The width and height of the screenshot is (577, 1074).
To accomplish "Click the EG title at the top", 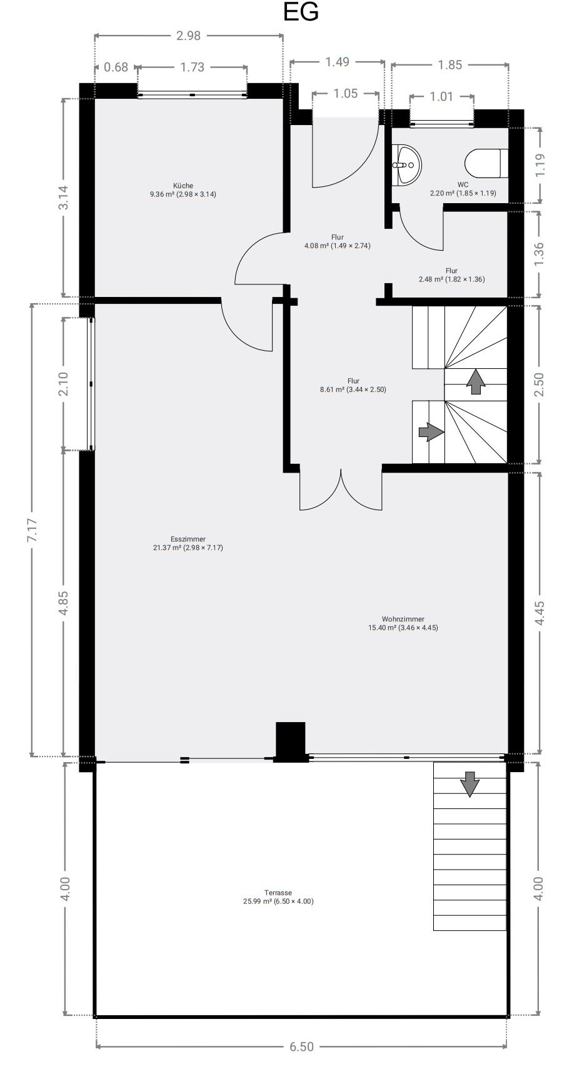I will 301,13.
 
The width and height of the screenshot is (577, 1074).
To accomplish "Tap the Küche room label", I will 183,189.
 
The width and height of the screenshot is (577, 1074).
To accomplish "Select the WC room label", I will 463,189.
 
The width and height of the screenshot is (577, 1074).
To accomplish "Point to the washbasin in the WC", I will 406,165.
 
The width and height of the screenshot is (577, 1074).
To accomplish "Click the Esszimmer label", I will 188,543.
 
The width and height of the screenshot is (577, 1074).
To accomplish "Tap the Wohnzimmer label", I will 403,623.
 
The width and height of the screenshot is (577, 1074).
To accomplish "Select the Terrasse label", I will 278,897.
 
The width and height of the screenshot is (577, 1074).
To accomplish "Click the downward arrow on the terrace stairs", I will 469,784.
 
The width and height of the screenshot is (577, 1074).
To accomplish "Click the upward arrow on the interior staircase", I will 476,381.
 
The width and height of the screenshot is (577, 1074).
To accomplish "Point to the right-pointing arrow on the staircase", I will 431,432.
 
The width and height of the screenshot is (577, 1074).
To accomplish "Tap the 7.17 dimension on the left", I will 33,530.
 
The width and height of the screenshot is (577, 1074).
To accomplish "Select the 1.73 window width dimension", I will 193,68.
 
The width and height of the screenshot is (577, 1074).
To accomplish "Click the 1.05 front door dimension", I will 346,94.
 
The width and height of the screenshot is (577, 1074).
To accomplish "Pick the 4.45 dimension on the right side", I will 540,613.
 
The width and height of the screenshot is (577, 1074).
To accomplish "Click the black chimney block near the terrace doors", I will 291,741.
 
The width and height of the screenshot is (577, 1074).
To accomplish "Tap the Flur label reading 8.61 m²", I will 353,385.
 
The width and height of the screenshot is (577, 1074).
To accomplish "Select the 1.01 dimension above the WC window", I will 441,97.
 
